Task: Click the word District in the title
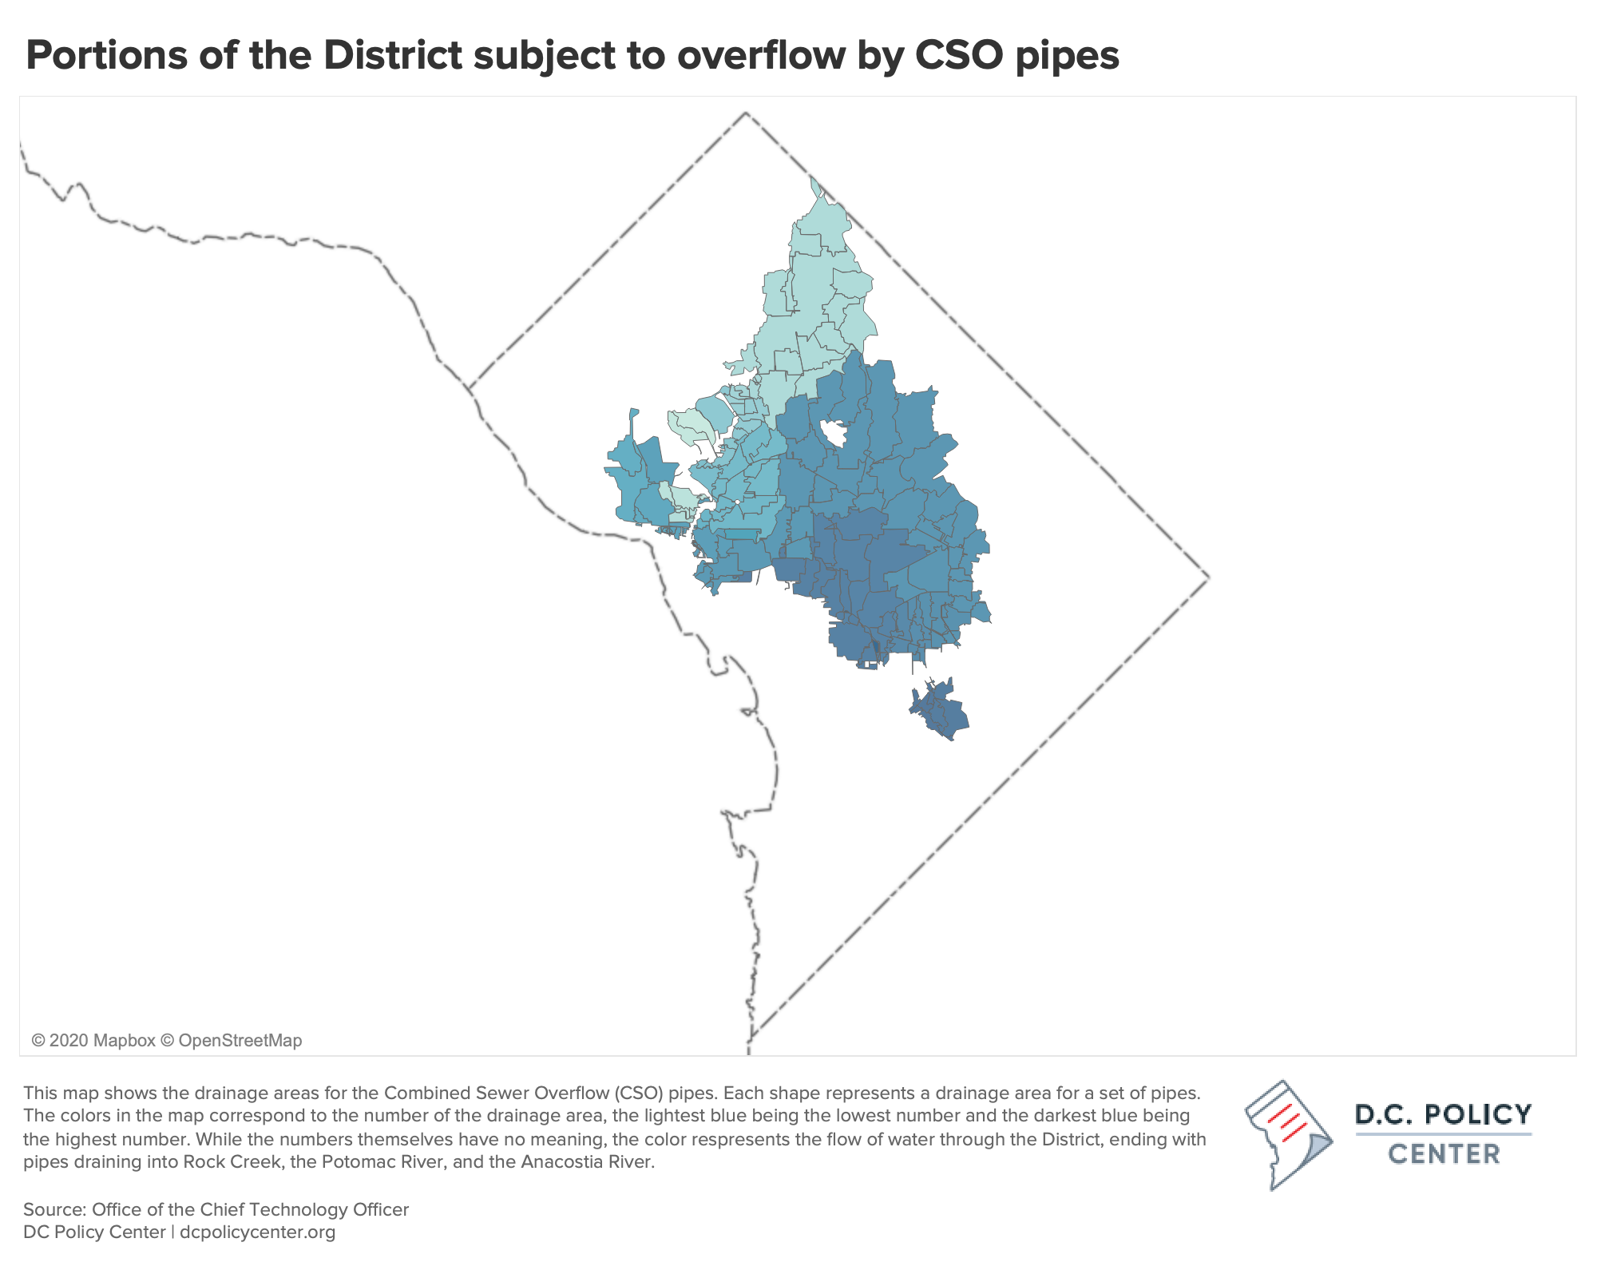pos(392,56)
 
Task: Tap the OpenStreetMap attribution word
pos(240,1041)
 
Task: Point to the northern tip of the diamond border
pos(746,113)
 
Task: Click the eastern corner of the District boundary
pos(1208,576)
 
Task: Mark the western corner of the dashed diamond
pos(469,389)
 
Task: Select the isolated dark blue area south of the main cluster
pos(940,708)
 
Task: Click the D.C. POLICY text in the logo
pos(1444,1114)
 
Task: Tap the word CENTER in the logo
pos(1444,1154)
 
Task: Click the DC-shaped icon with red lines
pos(1287,1134)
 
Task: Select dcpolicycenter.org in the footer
pos(257,1232)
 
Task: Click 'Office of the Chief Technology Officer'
pos(250,1209)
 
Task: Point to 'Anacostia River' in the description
pos(587,1161)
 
